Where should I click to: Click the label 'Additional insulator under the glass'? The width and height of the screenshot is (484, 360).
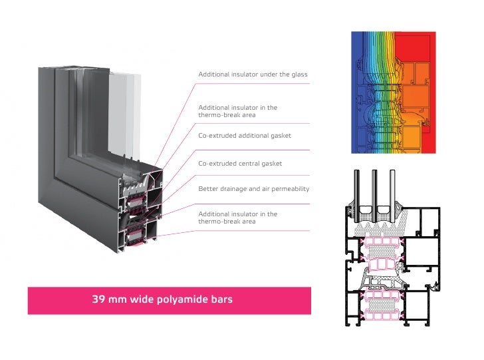pyautogui.click(x=253, y=75)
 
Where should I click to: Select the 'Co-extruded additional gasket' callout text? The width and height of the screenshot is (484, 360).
pyautogui.click(x=245, y=136)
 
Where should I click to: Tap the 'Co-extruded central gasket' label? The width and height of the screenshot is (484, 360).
pyautogui.click(x=240, y=163)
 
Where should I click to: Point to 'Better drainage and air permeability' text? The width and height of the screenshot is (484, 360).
pyautogui.click(x=253, y=189)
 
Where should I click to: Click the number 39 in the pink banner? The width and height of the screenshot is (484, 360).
pyautogui.click(x=98, y=300)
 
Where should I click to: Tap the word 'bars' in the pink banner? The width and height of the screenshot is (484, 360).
pyautogui.click(x=221, y=300)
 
